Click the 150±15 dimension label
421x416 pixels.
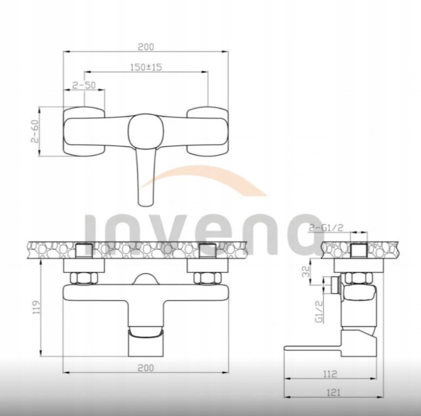(x=146, y=67)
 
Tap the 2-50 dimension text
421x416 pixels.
(x=84, y=85)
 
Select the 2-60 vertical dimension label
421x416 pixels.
(x=35, y=131)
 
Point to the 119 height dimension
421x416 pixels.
(x=36, y=308)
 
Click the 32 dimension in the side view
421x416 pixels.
(x=306, y=271)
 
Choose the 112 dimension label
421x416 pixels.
(x=330, y=374)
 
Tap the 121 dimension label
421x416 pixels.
(x=333, y=393)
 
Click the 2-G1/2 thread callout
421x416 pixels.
(x=326, y=228)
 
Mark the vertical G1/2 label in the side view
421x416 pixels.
(x=319, y=311)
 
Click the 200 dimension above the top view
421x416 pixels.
(x=146, y=47)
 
